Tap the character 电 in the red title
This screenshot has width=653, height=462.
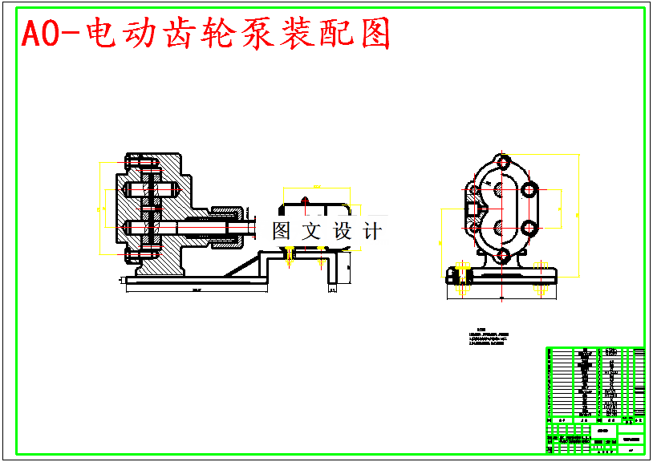(x=97, y=34)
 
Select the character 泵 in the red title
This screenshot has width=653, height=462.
(x=258, y=34)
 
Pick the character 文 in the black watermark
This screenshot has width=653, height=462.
(x=310, y=231)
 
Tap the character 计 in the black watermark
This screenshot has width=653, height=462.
(x=373, y=231)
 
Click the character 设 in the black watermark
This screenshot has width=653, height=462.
(x=343, y=231)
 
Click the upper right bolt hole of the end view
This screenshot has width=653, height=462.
(x=530, y=190)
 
